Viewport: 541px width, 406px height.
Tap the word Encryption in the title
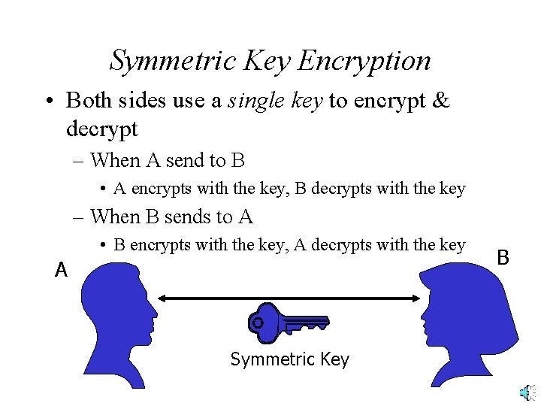point(364,60)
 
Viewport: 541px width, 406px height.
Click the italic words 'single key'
point(275,100)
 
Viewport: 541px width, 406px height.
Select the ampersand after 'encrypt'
point(440,100)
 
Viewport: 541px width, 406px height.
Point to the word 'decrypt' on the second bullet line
point(102,129)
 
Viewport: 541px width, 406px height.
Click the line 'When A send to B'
point(167,160)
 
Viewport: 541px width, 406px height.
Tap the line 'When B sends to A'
point(171,217)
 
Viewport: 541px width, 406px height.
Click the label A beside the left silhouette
point(62,270)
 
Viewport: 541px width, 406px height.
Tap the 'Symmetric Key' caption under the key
point(289,359)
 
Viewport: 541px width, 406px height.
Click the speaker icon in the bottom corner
point(525,392)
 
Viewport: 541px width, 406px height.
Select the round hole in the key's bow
point(258,323)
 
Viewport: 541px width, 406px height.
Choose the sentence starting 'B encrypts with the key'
point(289,245)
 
